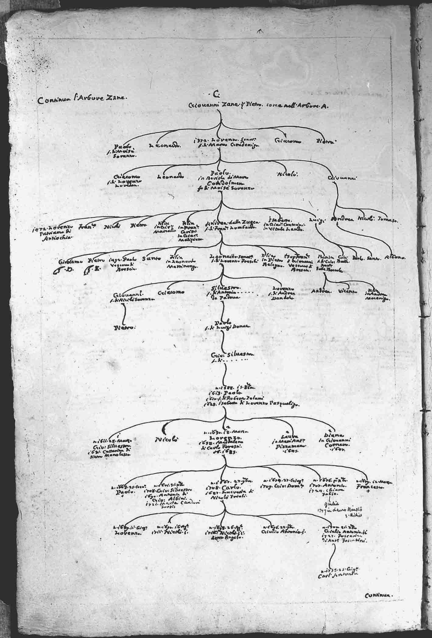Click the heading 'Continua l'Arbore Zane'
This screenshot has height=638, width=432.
[80, 100]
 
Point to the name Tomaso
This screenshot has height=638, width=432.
[388, 219]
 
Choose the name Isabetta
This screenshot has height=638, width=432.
[281, 220]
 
